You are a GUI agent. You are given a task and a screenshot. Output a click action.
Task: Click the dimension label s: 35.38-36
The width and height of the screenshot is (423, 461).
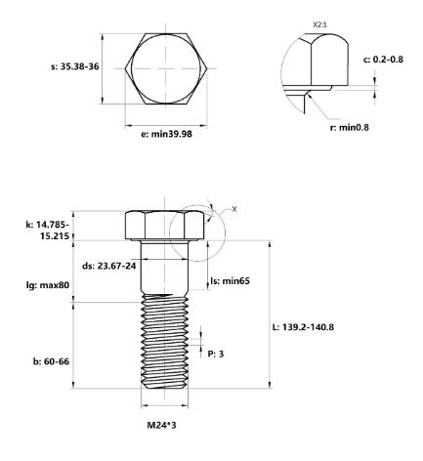pos(75,66)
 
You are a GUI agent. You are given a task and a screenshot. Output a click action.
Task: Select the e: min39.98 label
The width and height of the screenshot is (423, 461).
pos(166,134)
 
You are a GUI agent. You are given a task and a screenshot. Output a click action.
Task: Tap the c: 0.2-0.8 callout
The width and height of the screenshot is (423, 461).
pos(383,60)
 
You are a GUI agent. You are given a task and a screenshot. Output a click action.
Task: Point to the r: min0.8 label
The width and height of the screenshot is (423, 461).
pos(350,127)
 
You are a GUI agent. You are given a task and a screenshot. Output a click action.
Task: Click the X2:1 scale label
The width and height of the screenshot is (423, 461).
pos(319,24)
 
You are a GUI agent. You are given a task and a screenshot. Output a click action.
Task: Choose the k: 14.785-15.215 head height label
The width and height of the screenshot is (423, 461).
pos(48,230)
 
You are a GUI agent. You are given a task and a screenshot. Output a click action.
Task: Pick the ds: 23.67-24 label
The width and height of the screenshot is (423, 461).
pos(108,266)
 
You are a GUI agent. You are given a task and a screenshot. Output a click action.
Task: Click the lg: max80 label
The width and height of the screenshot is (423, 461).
pos(48,285)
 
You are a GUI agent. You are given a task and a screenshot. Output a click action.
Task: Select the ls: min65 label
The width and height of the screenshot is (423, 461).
pos(231,280)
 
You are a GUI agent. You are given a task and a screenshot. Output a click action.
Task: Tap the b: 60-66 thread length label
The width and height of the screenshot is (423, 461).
pos(51,361)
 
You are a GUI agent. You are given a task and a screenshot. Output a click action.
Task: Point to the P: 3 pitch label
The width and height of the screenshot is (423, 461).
pos(216,354)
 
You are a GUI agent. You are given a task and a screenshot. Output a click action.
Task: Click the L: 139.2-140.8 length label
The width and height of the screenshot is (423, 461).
pos(303,327)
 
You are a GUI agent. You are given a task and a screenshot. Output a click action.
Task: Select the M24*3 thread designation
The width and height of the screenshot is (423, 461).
pos(161,425)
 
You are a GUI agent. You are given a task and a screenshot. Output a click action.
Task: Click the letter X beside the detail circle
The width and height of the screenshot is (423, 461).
pos(234,209)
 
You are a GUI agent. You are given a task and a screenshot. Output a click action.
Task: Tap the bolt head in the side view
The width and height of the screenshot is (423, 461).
pos(165,226)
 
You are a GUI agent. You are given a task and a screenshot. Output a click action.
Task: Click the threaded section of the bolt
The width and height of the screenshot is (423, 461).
pos(165,341)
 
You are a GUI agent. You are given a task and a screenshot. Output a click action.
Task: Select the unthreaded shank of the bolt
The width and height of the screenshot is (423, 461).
pos(165,267)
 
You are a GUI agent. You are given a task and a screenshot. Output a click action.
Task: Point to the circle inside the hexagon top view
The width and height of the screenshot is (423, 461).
pos(132,69)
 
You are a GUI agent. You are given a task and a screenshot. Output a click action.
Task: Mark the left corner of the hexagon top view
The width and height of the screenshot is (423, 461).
pos(125,68)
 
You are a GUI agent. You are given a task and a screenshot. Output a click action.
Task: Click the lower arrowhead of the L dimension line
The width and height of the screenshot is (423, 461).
pos(270,385)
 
